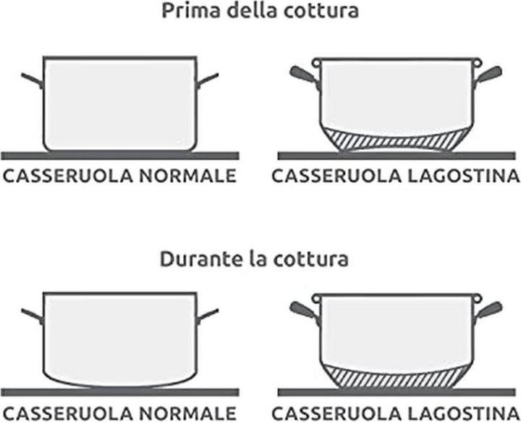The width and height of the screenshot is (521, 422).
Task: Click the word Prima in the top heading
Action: click(x=191, y=11)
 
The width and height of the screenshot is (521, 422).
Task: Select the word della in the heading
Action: click(x=252, y=10)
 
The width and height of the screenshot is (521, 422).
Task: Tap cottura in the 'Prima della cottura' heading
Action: click(x=321, y=11)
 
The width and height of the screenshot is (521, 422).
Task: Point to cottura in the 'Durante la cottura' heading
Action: click(x=310, y=260)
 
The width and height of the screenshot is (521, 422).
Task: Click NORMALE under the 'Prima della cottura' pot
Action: click(x=187, y=176)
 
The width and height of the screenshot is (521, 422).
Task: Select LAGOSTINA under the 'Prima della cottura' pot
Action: click(x=463, y=176)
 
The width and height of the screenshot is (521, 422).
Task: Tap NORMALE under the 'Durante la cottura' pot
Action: click(x=187, y=413)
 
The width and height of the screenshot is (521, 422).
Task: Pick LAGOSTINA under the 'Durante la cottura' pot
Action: click(x=463, y=413)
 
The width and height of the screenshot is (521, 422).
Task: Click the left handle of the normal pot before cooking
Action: click(x=33, y=80)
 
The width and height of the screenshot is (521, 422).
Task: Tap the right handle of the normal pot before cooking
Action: click(x=208, y=80)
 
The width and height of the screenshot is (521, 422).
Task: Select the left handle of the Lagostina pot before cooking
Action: click(x=303, y=75)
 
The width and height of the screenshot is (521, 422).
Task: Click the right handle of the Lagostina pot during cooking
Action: click(x=488, y=311)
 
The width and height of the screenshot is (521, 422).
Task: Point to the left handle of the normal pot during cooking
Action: click(x=33, y=316)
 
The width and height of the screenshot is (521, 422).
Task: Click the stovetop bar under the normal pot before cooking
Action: click(x=120, y=156)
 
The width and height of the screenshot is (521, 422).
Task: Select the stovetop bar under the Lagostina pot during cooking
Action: click(x=397, y=392)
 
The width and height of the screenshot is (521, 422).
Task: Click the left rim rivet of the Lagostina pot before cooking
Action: click(x=316, y=62)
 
